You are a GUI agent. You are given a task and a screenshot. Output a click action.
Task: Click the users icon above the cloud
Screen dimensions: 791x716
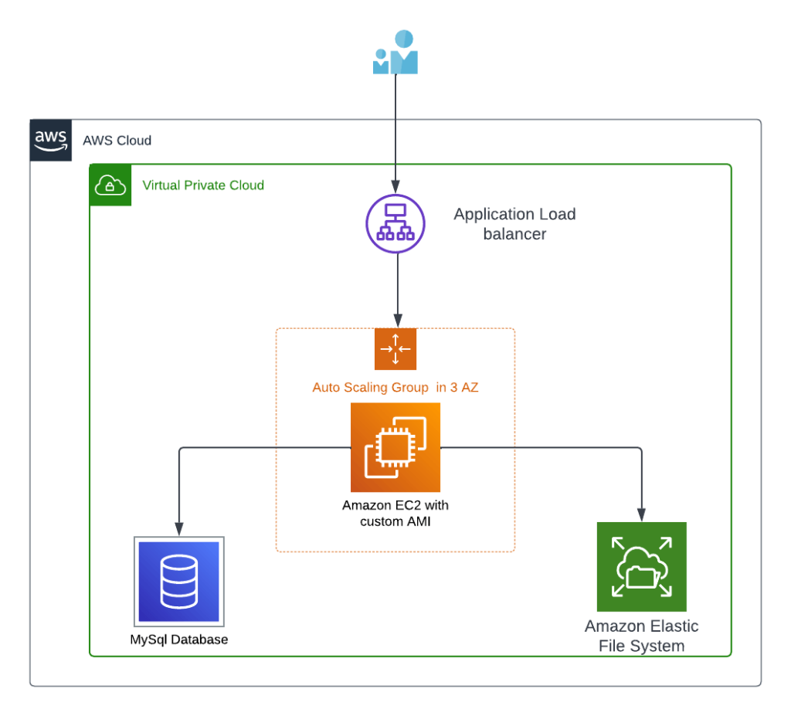pyautogui.click(x=395, y=52)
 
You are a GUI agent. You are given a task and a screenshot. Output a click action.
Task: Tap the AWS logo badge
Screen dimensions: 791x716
pyautogui.click(x=51, y=141)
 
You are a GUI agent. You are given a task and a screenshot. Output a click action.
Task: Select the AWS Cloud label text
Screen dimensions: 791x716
pyautogui.click(x=117, y=141)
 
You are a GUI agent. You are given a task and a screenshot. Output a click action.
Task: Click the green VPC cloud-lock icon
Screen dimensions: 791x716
pyautogui.click(x=110, y=185)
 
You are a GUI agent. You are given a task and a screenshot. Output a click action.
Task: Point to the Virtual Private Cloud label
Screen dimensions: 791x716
pyautogui.click(x=203, y=185)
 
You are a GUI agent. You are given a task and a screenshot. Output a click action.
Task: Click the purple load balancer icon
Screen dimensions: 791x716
pyautogui.click(x=395, y=223)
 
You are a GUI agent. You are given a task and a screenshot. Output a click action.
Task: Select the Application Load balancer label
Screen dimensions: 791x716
pyautogui.click(x=514, y=224)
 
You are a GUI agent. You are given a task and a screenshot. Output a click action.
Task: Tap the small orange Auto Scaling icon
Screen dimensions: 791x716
pyautogui.click(x=395, y=349)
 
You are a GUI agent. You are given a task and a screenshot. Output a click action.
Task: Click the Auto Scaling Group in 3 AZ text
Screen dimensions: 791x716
pyautogui.click(x=395, y=387)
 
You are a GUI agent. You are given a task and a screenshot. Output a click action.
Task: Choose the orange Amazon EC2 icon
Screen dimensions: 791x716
pyautogui.click(x=395, y=447)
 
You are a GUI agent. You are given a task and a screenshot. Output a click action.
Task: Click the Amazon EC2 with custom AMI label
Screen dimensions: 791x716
pyautogui.click(x=395, y=513)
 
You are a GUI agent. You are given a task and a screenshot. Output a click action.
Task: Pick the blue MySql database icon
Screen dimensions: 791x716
pyautogui.click(x=179, y=582)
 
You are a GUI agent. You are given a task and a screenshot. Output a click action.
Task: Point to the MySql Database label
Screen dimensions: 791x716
pyautogui.click(x=179, y=640)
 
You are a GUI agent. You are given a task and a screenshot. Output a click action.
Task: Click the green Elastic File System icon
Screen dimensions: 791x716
pyautogui.click(x=642, y=567)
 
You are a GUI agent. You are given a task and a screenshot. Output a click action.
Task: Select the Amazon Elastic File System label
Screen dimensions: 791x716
pyautogui.click(x=642, y=636)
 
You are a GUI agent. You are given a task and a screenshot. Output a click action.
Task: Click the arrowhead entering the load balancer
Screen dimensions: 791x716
pyautogui.click(x=395, y=187)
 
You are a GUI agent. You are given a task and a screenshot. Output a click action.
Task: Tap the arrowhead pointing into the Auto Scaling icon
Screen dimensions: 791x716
pyautogui.click(x=398, y=321)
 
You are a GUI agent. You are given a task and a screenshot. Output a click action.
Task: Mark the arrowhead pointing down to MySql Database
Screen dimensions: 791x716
pyautogui.click(x=179, y=529)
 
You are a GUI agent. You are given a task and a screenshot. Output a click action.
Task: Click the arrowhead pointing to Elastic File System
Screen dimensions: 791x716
pyautogui.click(x=642, y=514)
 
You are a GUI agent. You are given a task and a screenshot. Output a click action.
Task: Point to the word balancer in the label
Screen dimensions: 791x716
pyautogui.click(x=514, y=234)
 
